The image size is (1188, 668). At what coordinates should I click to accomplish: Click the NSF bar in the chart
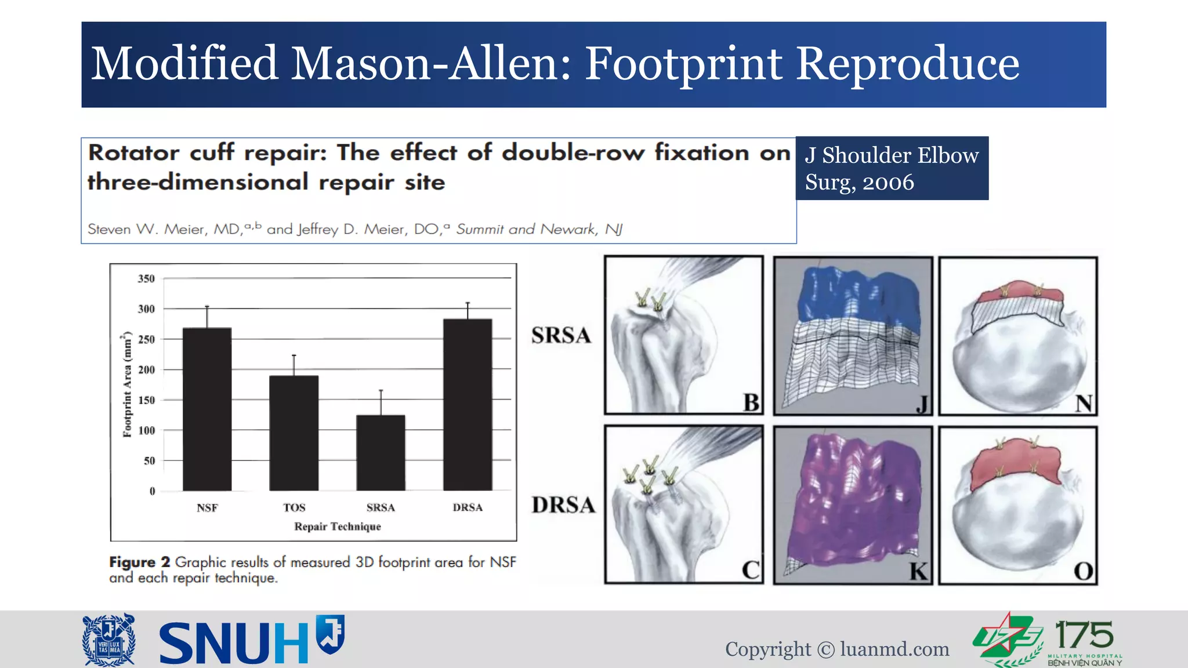tap(207, 409)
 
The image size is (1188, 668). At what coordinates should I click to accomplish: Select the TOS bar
tap(294, 433)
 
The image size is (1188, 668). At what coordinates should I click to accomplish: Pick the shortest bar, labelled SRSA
tap(381, 452)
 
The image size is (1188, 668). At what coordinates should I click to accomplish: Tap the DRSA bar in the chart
tap(468, 404)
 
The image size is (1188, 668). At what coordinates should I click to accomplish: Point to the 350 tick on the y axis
tap(146, 279)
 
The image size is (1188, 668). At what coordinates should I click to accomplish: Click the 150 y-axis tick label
tap(146, 400)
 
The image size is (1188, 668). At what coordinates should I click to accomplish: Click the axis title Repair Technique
tap(338, 527)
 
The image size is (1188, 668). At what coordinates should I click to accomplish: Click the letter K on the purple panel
tap(918, 571)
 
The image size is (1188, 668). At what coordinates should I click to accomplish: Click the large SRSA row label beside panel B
tap(561, 336)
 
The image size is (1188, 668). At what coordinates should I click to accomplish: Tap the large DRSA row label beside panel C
tap(563, 505)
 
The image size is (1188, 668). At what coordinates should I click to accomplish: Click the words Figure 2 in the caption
tap(140, 562)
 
